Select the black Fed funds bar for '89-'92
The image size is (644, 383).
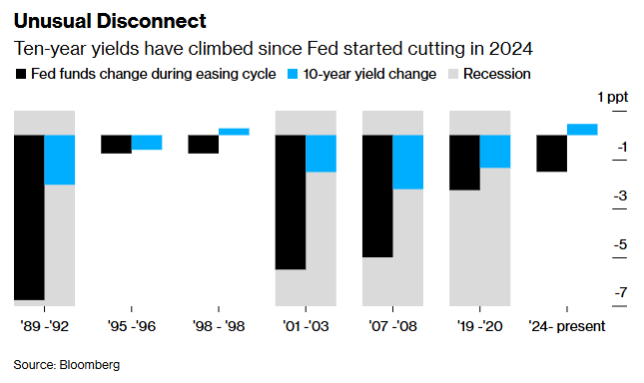click(29, 216)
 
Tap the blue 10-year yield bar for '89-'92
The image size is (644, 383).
click(60, 160)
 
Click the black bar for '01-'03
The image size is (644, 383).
click(291, 201)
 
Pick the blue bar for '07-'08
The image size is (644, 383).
click(407, 162)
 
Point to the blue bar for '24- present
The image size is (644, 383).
click(582, 129)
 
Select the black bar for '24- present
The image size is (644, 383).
click(552, 153)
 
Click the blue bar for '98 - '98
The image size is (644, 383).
click(234, 132)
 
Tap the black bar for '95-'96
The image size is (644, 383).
click(116, 144)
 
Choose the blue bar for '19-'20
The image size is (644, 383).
click(495, 151)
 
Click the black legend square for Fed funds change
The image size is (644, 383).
click(20, 74)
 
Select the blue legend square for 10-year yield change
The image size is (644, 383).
click(292, 74)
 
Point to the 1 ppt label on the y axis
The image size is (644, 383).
click(614, 97)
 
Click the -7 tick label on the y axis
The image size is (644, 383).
click(620, 292)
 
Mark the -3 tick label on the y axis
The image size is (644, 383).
click(620, 195)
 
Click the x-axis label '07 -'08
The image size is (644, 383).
click(393, 324)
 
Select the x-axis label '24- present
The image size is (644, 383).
click(567, 324)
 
